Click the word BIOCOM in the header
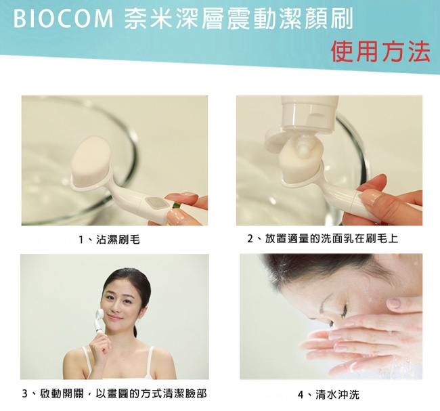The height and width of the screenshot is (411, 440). coord(63,19)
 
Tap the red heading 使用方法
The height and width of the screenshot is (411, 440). coord(380,51)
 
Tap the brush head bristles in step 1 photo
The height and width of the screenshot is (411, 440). coord(92,158)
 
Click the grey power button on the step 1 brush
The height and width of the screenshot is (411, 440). coord(154,202)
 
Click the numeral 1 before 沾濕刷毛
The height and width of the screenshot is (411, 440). coord(81,240)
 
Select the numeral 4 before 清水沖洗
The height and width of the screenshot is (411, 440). coord(301,395)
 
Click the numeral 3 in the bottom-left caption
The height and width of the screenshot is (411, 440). coord(25,394)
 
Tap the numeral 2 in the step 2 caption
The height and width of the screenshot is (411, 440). coord(250,239)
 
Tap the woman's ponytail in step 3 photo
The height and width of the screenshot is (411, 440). coord(135,331)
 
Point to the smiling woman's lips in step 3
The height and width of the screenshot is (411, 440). coord(115,318)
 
